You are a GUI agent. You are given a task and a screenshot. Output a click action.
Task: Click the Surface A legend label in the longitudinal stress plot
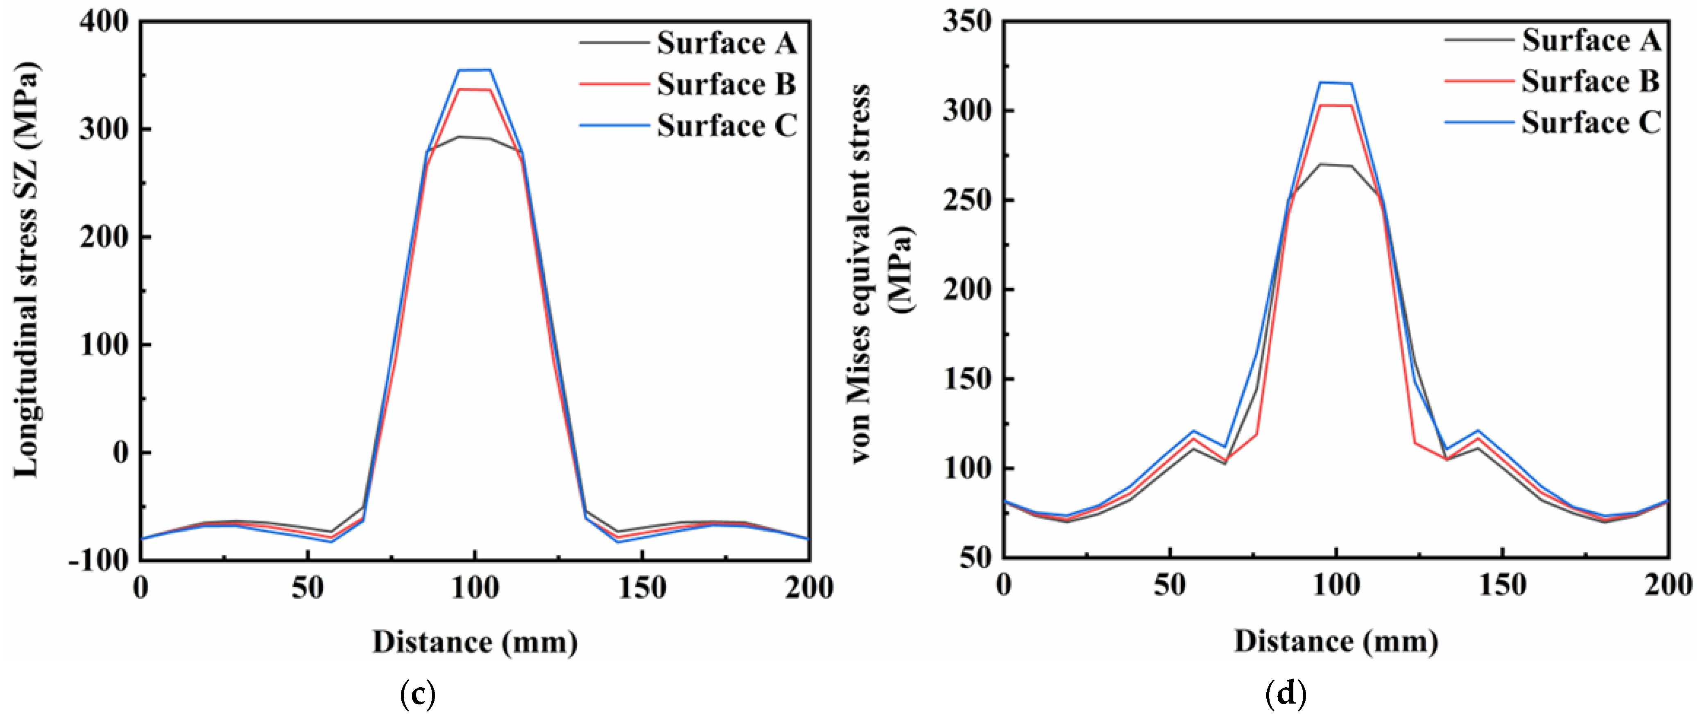[x=726, y=43]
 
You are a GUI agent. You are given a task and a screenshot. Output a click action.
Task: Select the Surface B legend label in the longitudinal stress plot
[x=726, y=84]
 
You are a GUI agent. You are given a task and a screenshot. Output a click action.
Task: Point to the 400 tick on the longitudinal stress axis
[x=104, y=21]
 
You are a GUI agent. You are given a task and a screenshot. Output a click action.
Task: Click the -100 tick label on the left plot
[x=99, y=560]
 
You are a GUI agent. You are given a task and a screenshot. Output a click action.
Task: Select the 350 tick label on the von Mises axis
[x=967, y=21]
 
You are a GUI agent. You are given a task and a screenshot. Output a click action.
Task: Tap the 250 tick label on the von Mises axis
[x=967, y=201]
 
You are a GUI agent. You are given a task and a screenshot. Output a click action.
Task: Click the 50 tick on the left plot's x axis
[x=308, y=587]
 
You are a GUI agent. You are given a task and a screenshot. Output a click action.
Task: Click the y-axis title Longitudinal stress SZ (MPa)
[x=26, y=270]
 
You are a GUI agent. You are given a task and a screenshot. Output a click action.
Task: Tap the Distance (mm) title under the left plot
[x=475, y=641]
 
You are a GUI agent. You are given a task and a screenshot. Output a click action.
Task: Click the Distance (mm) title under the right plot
[x=1336, y=641]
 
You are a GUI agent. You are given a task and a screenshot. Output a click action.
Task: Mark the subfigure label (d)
[x=1286, y=694]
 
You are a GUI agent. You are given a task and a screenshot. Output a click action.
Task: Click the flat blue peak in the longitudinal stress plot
[x=475, y=70]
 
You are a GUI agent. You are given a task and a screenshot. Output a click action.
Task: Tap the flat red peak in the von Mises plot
[x=1336, y=106]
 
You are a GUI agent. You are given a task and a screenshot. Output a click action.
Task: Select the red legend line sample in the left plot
[x=614, y=84]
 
